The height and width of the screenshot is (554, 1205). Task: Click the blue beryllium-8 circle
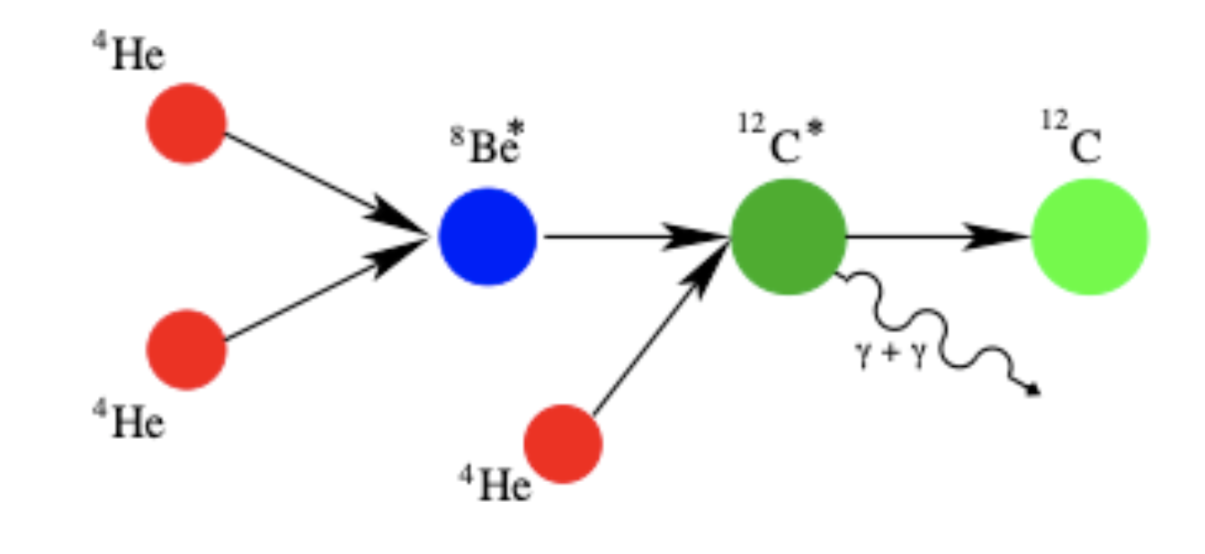(x=487, y=237)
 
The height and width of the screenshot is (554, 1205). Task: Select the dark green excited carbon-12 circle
(x=789, y=237)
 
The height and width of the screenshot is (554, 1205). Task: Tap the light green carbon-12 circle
(x=1089, y=237)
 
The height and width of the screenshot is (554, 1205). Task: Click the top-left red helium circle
(x=187, y=123)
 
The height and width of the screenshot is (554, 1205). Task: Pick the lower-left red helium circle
(x=187, y=349)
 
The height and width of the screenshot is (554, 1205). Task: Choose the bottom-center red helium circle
(x=563, y=443)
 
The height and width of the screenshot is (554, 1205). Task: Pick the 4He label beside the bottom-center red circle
(x=495, y=486)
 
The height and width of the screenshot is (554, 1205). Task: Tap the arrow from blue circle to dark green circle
(x=629, y=237)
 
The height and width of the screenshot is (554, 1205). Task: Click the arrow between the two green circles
(x=935, y=237)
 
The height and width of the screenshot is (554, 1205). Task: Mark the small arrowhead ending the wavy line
(x=1033, y=390)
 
